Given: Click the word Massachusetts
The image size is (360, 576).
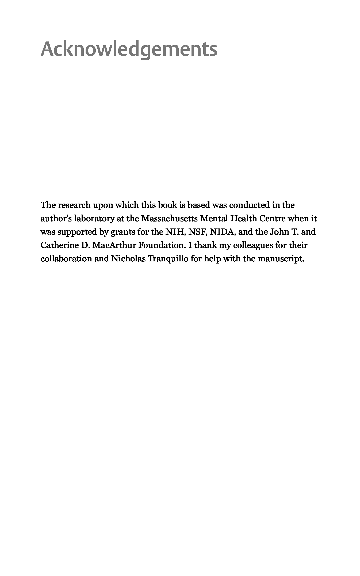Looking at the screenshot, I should click(x=169, y=219).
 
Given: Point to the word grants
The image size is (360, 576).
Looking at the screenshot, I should click(x=123, y=232).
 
